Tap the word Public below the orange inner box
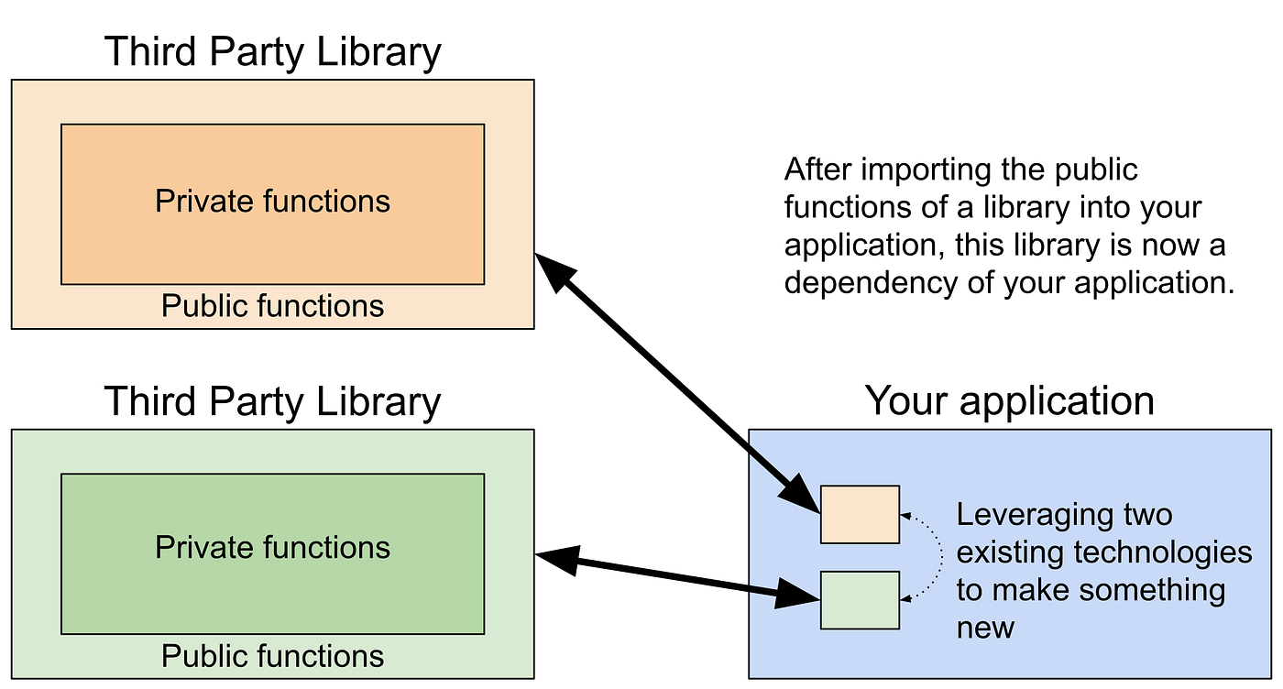coord(203,306)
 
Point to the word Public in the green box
coord(203,656)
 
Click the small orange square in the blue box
coord(860,515)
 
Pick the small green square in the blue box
coord(860,600)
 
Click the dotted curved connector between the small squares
coord(941,557)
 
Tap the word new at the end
coord(985,628)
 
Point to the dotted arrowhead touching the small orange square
coord(905,517)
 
